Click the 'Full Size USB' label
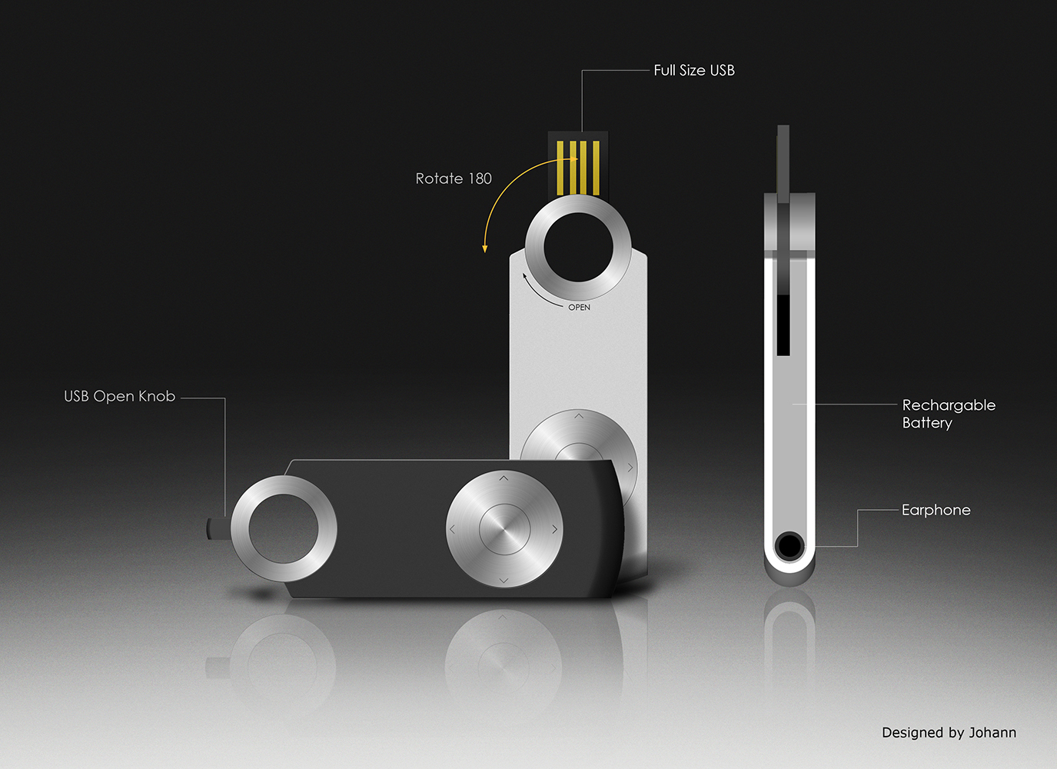click(693, 71)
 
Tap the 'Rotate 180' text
click(454, 178)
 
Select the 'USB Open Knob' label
click(119, 397)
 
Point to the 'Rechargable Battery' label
click(948, 414)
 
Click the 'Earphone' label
click(936, 510)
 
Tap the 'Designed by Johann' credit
click(949, 733)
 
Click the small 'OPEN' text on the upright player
click(579, 308)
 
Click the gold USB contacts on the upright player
click(578, 168)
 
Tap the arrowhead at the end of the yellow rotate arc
click(484, 248)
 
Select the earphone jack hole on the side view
click(789, 546)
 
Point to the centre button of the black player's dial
click(504, 529)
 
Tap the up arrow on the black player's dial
click(504, 478)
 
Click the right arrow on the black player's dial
click(554, 529)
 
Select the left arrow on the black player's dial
click(453, 529)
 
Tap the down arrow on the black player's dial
click(504, 580)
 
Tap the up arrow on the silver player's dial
click(579, 416)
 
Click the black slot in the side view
click(783, 325)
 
